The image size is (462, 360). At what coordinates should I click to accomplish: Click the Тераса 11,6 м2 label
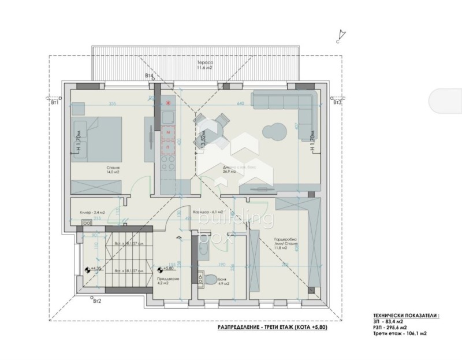point(205,65)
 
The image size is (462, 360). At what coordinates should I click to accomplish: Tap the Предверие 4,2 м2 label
point(169,281)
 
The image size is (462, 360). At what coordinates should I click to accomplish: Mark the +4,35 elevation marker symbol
point(87,269)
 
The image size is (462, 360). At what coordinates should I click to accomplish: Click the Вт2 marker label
point(96,301)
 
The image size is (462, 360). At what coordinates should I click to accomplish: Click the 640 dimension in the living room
point(241,103)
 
